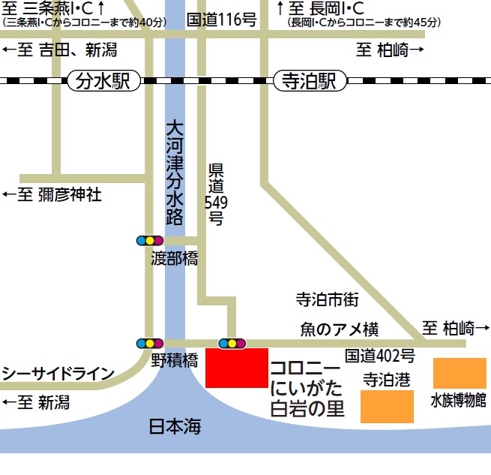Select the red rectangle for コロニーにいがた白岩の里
(236, 368)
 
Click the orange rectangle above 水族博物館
(460, 373)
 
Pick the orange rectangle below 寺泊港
(387, 406)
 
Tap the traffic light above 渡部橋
(149, 241)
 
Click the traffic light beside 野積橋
(149, 343)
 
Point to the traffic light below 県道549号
(232, 343)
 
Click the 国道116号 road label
(221, 20)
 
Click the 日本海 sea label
(175, 427)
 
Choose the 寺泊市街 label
(328, 300)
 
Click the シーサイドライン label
(58, 374)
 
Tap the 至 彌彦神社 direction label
(52, 196)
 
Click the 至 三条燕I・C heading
(52, 8)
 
